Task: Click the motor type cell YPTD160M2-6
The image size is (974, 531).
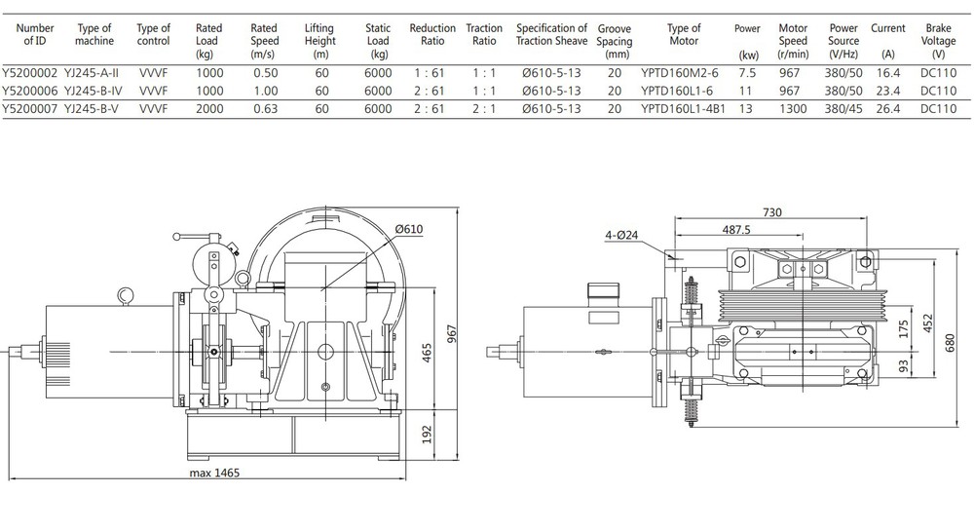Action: pyautogui.click(x=684, y=73)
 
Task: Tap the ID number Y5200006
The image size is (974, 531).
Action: pyautogui.click(x=31, y=91)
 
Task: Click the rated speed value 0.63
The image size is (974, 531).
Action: pyautogui.click(x=264, y=109)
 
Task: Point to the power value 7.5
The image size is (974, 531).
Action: pyautogui.click(x=747, y=73)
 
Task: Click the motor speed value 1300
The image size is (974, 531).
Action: pyautogui.click(x=793, y=109)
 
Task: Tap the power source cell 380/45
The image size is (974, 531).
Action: pyautogui.click(x=843, y=109)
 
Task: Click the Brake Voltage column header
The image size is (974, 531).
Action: pyautogui.click(x=938, y=41)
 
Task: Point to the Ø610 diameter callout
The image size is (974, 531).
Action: pyautogui.click(x=410, y=228)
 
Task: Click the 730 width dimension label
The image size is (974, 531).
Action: pyautogui.click(x=772, y=211)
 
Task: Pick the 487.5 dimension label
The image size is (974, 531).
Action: pyautogui.click(x=738, y=230)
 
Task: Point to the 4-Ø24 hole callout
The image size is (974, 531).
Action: pyautogui.click(x=621, y=234)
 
